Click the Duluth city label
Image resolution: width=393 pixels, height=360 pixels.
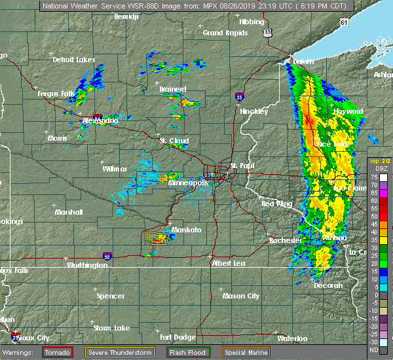click(x=303, y=62)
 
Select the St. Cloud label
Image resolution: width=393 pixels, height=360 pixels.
click(x=174, y=141)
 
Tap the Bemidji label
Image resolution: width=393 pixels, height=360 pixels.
click(x=128, y=16)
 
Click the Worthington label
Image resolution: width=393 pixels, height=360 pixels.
click(x=86, y=265)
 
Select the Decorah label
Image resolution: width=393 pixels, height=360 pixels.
click(x=328, y=285)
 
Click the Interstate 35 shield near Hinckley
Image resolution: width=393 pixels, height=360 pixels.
click(x=240, y=96)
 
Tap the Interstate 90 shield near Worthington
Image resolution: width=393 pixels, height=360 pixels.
click(x=107, y=256)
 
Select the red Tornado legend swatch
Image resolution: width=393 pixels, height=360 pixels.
click(x=58, y=352)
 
